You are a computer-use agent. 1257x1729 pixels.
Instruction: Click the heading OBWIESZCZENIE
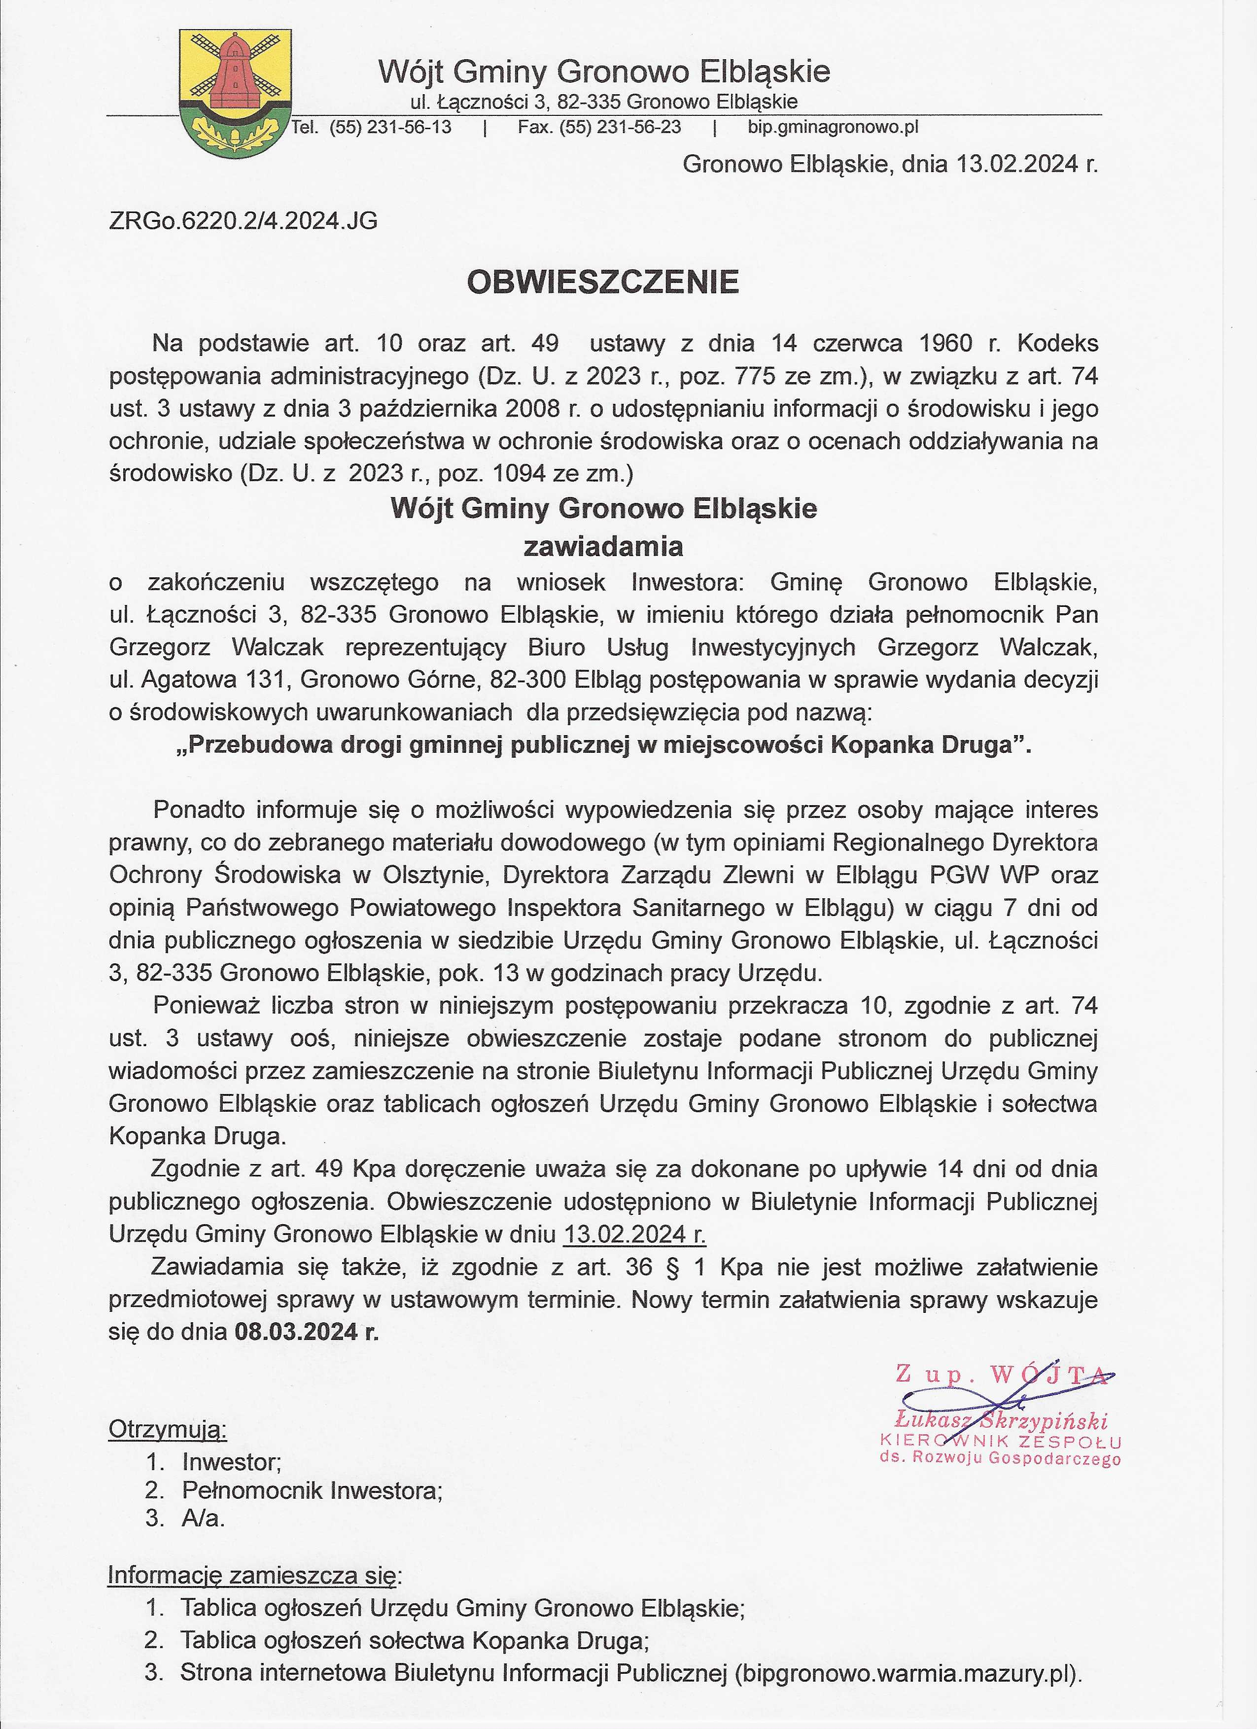[602, 282]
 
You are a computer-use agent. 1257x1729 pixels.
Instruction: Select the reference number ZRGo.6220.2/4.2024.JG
[243, 221]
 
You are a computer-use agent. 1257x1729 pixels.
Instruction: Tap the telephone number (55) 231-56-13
[390, 127]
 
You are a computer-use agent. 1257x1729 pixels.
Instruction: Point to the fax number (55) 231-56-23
[620, 127]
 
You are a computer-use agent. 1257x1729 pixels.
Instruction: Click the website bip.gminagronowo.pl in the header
[833, 127]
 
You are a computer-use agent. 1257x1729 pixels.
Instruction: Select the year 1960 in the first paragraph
[945, 343]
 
